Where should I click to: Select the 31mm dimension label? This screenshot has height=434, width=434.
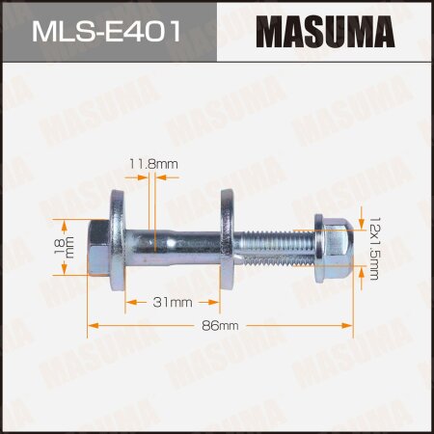[x=174, y=302]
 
